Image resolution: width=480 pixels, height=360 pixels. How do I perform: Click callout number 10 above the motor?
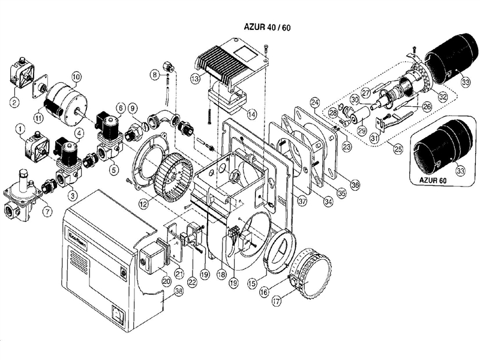click(76, 76)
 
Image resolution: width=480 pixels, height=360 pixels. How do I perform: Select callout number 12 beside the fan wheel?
click(142, 204)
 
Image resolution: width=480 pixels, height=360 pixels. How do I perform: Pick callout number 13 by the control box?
click(195, 79)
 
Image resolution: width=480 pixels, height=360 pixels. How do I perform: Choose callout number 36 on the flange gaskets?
click(355, 184)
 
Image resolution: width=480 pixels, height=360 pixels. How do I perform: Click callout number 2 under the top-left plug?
click(13, 101)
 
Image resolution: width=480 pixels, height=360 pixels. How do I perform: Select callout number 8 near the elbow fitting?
click(154, 74)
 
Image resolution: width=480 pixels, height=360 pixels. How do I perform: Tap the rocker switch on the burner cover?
click(119, 312)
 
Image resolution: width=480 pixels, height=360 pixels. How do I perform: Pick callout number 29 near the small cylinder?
click(361, 130)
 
